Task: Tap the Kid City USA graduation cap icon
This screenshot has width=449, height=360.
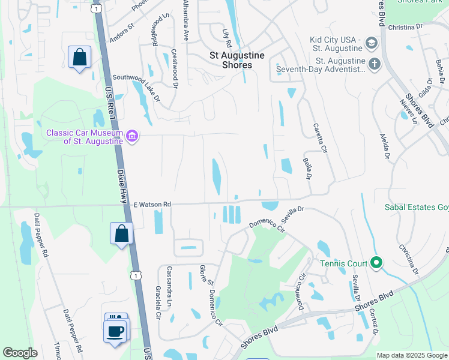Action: click(371, 43)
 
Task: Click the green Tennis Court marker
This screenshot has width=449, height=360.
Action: click(376, 263)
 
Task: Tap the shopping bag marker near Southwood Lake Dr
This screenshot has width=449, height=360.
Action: click(79, 58)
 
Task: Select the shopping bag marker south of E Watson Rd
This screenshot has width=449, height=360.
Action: click(121, 233)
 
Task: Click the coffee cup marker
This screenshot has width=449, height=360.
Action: click(115, 331)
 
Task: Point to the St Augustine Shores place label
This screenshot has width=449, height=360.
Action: click(237, 55)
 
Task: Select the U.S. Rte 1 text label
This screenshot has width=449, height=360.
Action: click(109, 101)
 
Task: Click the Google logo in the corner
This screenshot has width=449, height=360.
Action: click(20, 353)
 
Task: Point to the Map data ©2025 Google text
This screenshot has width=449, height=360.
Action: click(411, 355)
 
